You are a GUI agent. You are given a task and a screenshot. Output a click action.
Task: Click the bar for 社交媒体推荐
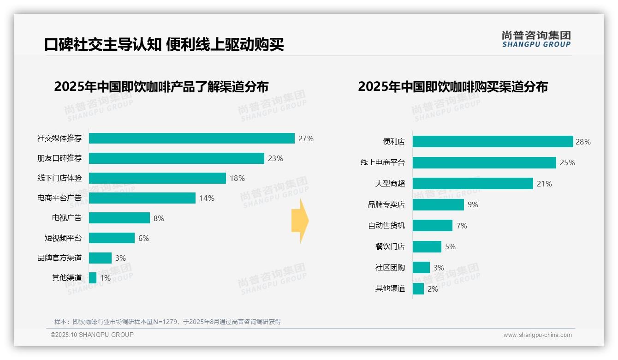[191, 138]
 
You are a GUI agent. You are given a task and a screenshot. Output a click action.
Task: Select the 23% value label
[275, 158]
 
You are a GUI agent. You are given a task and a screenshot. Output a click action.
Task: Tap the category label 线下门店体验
[59, 178]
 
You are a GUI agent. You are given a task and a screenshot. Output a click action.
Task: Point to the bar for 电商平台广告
[142, 198]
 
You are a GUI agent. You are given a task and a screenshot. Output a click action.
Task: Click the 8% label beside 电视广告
[159, 218]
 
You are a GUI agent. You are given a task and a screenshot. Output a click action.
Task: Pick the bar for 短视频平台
[112, 238]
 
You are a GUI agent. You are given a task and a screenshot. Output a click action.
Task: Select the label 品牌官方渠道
[59, 258]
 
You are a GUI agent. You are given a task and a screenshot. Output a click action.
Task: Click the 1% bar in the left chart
[93, 278]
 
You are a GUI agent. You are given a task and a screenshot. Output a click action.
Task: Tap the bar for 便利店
[493, 142]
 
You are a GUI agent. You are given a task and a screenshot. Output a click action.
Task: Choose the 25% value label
[567, 162]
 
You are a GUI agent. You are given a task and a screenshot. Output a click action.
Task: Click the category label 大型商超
[390, 184]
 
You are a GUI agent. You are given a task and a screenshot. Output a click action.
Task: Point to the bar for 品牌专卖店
[438, 204]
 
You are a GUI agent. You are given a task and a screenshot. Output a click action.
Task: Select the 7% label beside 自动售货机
[462, 226]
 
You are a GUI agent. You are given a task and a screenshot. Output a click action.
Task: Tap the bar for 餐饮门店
[427, 246]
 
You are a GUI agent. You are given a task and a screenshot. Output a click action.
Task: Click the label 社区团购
[390, 268]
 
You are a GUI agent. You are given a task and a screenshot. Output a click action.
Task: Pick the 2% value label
[433, 289]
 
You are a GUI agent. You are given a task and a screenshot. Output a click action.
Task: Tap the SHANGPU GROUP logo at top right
[536, 39]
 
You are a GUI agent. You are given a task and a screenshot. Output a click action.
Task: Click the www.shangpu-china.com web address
[537, 335]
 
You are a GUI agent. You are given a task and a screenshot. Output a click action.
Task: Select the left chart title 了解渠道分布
[161, 87]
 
